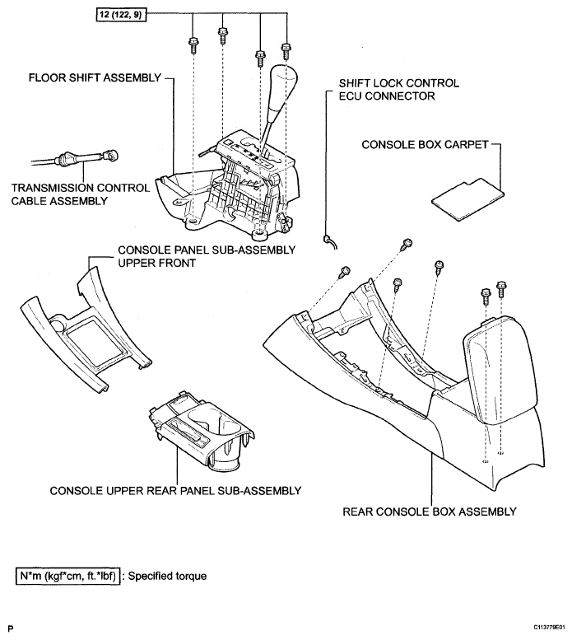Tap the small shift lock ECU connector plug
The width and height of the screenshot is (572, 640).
[x=330, y=240]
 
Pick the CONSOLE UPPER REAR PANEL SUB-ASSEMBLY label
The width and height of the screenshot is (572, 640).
[x=174, y=490]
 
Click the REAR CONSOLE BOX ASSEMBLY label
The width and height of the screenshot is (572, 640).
[x=429, y=512]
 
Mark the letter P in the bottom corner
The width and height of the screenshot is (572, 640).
[x=11, y=628]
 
